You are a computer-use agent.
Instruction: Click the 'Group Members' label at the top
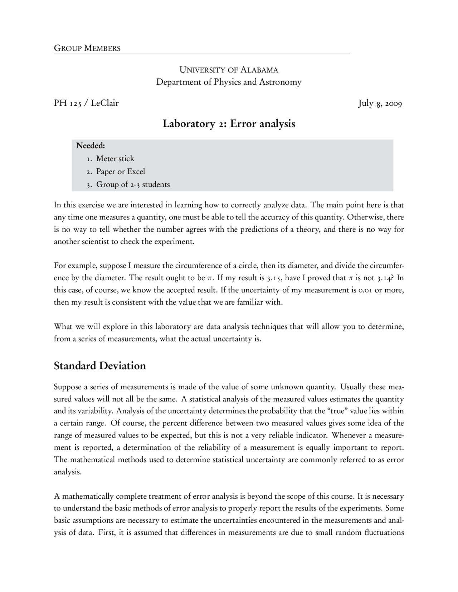pyautogui.click(x=87, y=48)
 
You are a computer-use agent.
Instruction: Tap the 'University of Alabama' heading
pyautogui.click(x=229, y=70)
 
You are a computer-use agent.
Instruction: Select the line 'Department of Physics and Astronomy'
pyautogui.click(x=229, y=82)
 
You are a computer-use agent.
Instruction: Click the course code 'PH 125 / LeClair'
pyautogui.click(x=86, y=103)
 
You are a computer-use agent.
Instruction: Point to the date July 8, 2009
pyautogui.click(x=380, y=104)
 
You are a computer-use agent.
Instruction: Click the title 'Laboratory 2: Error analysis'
pyautogui.click(x=229, y=124)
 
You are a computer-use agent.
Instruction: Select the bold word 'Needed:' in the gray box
pyautogui.click(x=91, y=145)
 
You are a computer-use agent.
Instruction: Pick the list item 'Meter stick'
pyautogui.click(x=115, y=159)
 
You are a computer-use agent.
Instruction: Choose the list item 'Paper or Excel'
pyautogui.click(x=121, y=172)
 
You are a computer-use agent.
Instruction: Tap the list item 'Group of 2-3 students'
pyautogui.click(x=133, y=184)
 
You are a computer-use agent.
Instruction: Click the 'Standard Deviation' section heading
pyautogui.click(x=100, y=366)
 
